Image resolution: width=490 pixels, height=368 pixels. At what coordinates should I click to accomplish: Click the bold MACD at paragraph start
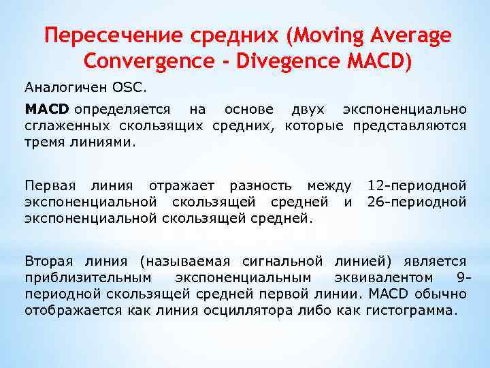click(x=47, y=110)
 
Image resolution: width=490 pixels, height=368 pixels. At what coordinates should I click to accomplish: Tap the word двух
click(x=308, y=110)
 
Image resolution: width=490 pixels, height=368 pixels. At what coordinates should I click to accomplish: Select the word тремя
click(x=43, y=142)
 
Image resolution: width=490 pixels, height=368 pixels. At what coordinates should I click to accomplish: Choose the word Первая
click(x=46, y=186)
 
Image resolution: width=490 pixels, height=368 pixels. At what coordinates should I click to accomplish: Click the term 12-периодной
click(x=416, y=186)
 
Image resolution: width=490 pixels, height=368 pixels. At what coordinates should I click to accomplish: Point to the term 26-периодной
click(x=416, y=202)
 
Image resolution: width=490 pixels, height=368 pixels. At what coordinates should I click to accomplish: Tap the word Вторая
click(x=45, y=262)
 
